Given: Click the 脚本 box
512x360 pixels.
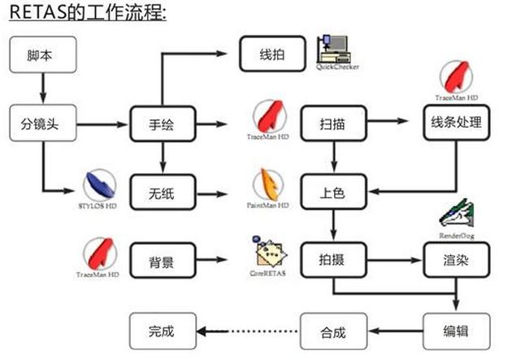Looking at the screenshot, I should (x=43, y=55).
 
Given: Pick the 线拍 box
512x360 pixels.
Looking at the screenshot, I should (x=271, y=55).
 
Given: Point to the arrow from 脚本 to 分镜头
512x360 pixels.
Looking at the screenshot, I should (x=43, y=89).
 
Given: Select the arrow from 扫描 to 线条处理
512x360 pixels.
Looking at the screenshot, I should (x=393, y=124).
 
